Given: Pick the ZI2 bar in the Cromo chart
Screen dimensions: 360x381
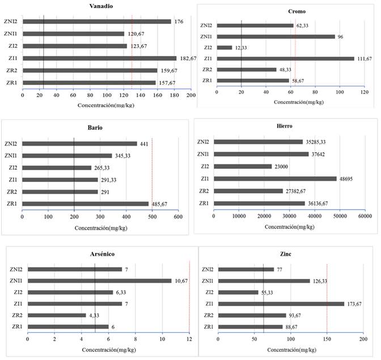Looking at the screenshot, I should (225, 48).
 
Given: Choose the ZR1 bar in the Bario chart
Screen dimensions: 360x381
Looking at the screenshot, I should (85, 204).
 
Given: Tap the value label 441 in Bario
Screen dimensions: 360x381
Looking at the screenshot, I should (145, 143).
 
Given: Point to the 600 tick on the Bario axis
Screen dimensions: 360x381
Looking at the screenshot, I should (177, 216).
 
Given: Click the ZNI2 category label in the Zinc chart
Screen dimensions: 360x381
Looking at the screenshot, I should (209, 269).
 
